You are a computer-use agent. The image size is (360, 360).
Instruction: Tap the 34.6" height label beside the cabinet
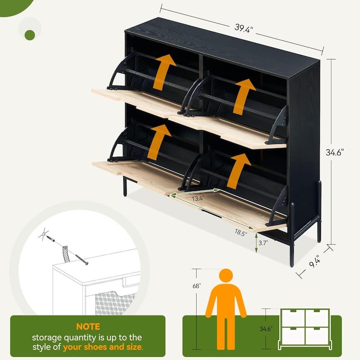(x=336, y=153)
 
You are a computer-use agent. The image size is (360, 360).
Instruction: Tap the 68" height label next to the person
(x=197, y=285)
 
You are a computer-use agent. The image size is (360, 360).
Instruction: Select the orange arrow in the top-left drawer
(x=164, y=72)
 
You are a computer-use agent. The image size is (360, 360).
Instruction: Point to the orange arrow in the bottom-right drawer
(x=238, y=171)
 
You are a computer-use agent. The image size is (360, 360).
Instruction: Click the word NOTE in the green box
(x=88, y=327)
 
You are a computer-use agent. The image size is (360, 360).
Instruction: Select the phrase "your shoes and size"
(x=103, y=347)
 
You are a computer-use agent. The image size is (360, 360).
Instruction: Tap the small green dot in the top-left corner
(x=30, y=35)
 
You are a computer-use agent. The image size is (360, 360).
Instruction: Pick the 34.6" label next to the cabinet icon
(x=266, y=329)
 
